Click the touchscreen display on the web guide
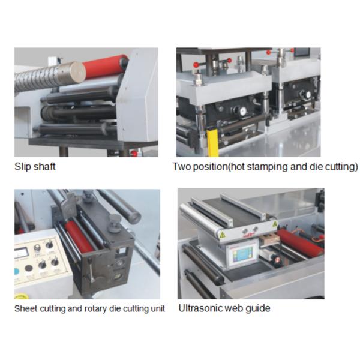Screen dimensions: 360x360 point(242,257)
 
